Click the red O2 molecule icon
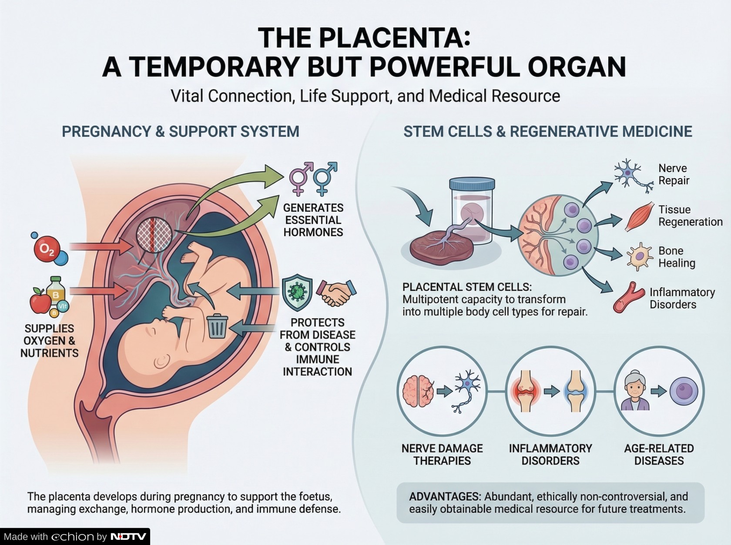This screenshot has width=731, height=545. tap(47, 249)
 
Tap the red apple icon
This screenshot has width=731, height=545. tap(40, 300)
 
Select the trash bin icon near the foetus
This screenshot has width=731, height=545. tap(217, 326)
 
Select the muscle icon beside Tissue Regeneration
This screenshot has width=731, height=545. tap(640, 216)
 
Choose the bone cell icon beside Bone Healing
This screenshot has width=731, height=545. tap(639, 256)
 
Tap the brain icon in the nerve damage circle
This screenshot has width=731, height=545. tap(418, 391)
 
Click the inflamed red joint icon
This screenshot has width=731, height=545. tap(526, 391)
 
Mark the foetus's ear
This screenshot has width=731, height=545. tap(162, 360)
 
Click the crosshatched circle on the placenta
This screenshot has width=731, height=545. tap(154, 235)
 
